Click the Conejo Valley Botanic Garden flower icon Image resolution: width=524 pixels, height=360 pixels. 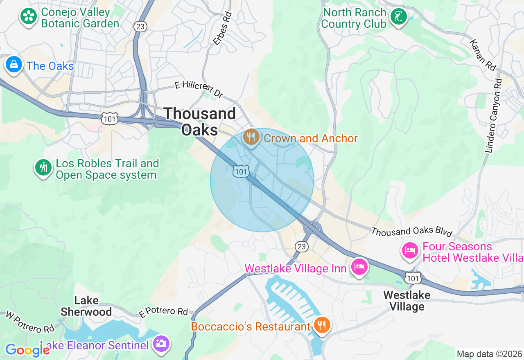pos(29,16)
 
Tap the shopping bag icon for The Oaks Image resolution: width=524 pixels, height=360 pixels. pos(14,65)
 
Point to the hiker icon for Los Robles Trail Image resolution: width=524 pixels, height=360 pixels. pos(43,167)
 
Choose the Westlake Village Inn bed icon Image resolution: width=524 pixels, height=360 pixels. pos(359,267)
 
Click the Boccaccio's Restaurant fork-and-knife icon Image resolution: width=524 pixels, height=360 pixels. pos(322,325)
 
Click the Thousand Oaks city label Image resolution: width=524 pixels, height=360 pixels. pos(200,122)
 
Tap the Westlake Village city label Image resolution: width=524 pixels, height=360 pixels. pos(407,301)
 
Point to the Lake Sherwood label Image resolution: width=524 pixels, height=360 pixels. pos(86,306)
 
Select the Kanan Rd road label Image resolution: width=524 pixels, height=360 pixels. pos(483,54)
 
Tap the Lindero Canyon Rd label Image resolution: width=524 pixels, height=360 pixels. pos(493,116)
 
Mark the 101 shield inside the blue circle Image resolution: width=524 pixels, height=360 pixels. pos(241,172)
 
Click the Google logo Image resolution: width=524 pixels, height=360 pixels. pos(27,350)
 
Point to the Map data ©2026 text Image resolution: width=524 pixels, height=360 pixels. pos(489,354)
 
